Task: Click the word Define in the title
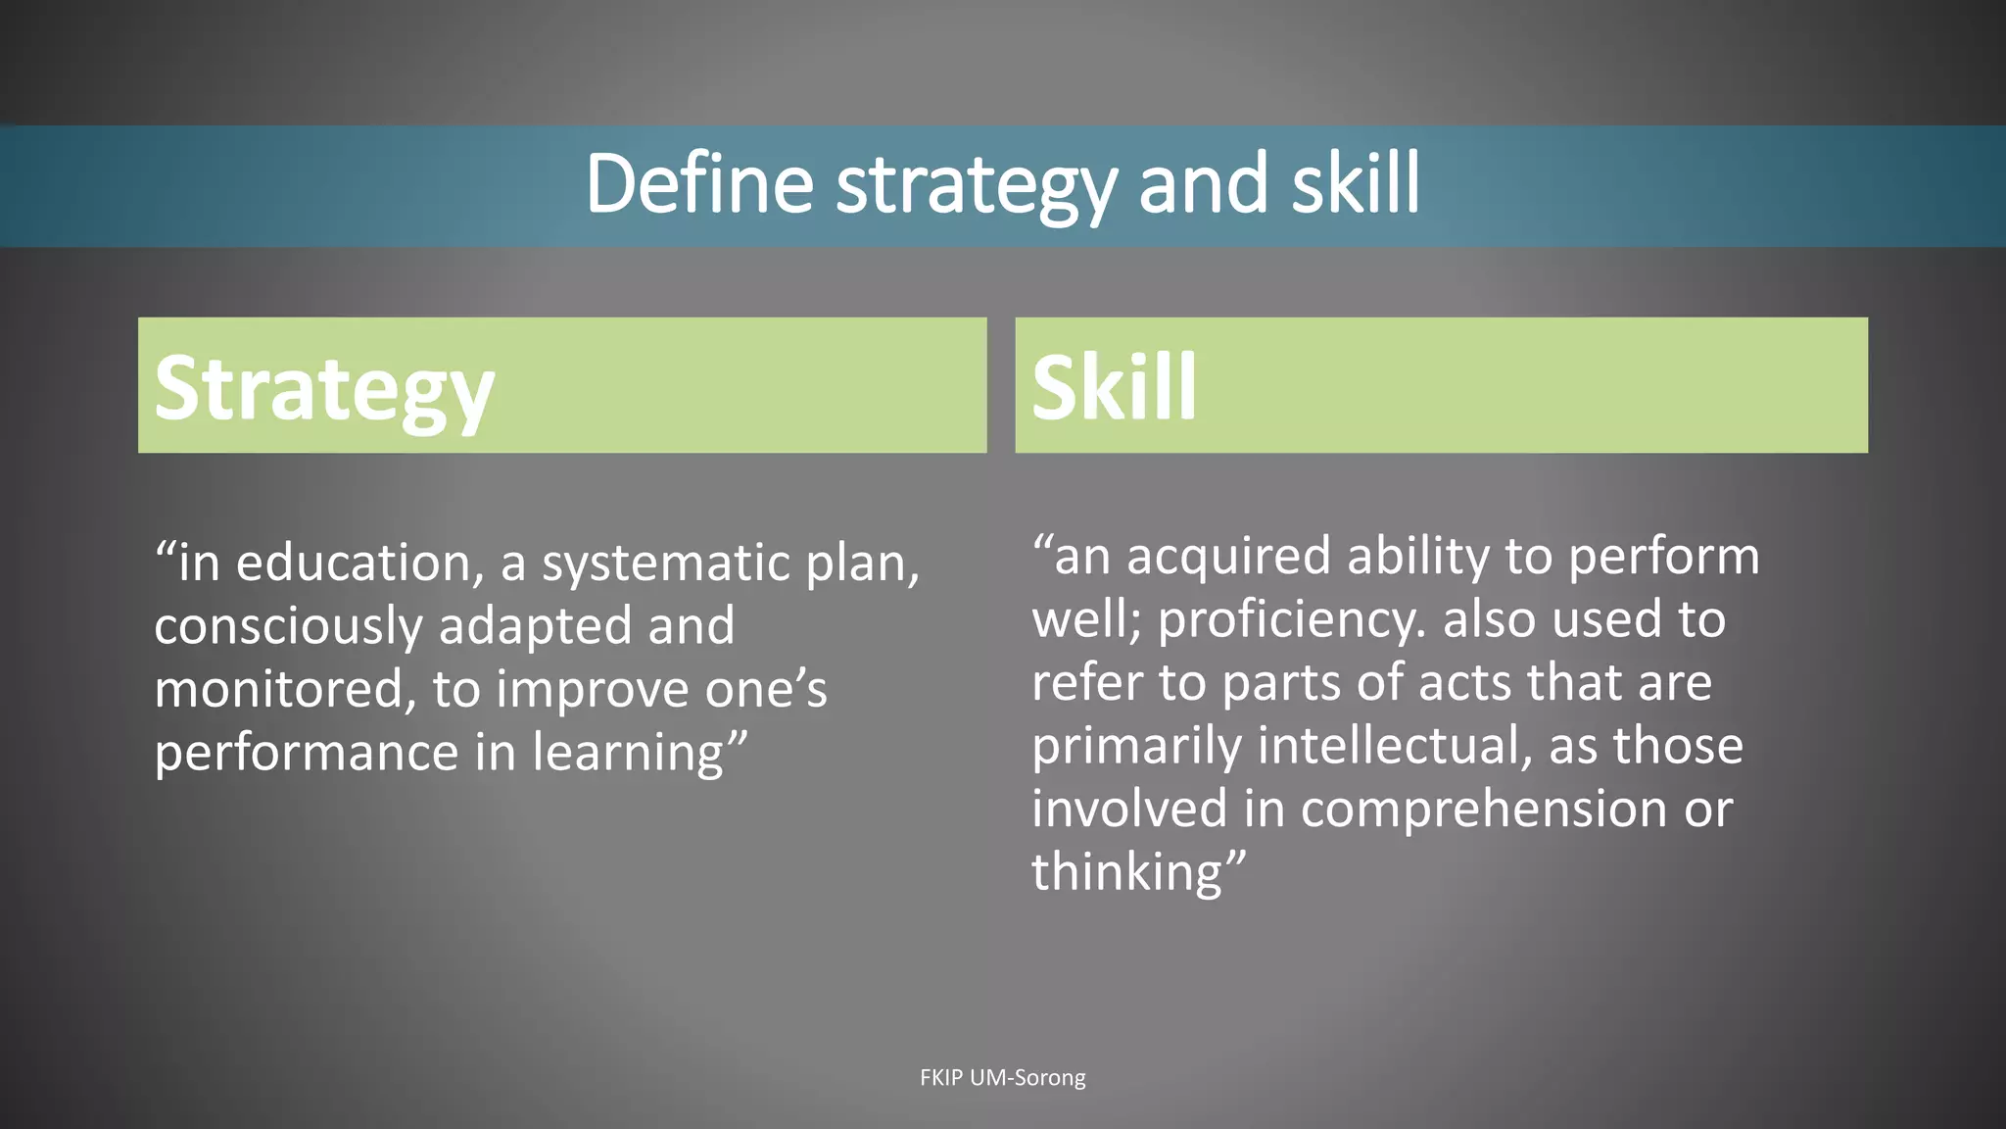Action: click(x=699, y=184)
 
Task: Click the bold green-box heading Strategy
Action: click(x=324, y=390)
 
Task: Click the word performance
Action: click(x=307, y=754)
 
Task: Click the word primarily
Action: click(x=1137, y=747)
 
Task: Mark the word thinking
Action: click(x=1127, y=872)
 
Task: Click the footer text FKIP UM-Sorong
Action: click(x=1003, y=1078)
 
